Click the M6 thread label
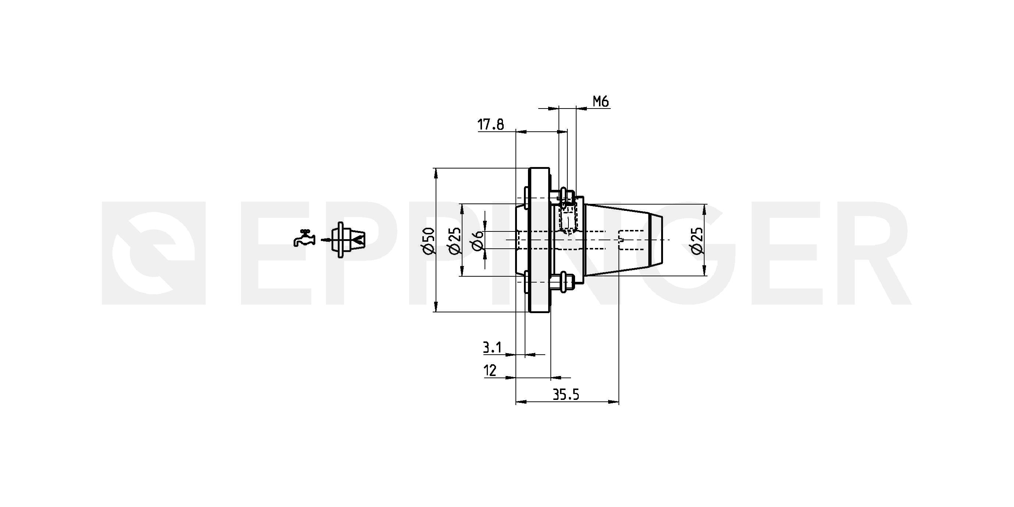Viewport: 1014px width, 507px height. click(601, 102)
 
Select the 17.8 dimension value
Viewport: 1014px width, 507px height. click(490, 125)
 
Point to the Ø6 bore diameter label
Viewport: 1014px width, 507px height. click(477, 240)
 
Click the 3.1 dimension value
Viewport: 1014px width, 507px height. click(492, 348)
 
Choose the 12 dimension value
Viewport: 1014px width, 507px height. click(490, 370)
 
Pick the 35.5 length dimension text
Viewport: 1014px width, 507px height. click(565, 394)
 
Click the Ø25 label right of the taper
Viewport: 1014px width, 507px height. click(696, 240)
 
